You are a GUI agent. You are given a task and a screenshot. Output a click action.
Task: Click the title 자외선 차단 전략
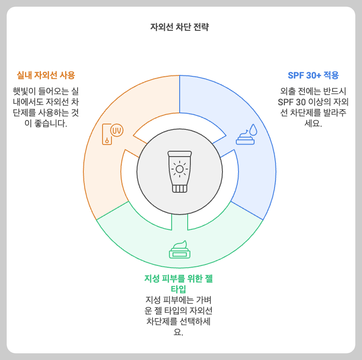(x=180, y=27)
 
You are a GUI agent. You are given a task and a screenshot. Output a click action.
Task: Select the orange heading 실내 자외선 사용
(x=46, y=74)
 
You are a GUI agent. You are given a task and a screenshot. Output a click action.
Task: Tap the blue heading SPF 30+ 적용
(x=313, y=75)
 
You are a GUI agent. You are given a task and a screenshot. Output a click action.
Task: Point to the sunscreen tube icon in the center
(x=180, y=171)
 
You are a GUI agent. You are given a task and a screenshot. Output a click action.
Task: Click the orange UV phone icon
(x=112, y=133)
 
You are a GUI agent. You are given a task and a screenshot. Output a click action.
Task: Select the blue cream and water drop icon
(x=247, y=134)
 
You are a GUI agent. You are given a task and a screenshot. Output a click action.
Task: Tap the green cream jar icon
(x=180, y=250)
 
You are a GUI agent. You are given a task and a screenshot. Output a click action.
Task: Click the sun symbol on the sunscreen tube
(x=180, y=169)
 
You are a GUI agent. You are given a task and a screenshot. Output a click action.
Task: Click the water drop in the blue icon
(x=253, y=129)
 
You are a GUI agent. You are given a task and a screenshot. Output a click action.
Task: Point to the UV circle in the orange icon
(x=117, y=131)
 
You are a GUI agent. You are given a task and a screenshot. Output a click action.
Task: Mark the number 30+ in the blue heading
(x=317, y=75)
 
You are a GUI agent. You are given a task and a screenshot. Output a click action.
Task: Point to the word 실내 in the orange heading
(x=24, y=74)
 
